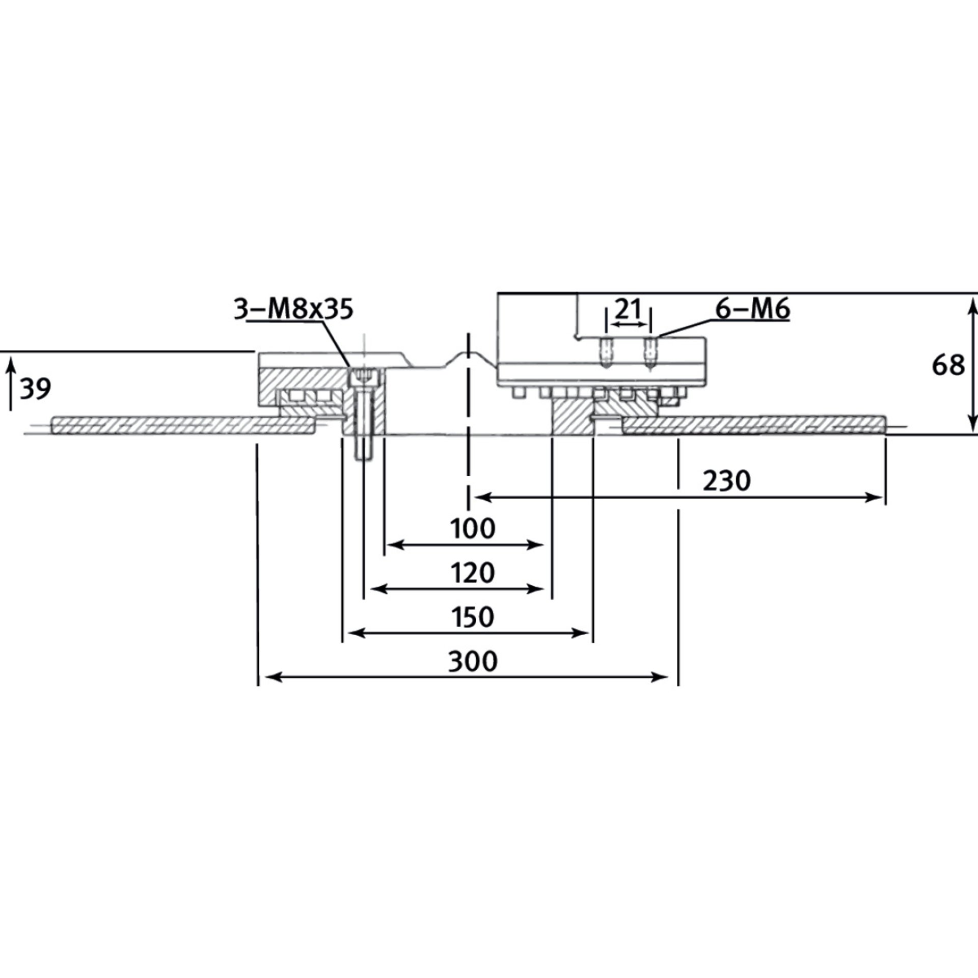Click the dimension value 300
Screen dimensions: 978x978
[x=472, y=662]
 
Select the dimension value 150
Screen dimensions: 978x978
[x=472, y=617]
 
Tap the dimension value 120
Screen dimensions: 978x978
[x=472, y=573]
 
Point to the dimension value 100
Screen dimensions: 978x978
[x=472, y=529]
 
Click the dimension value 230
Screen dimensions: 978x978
[x=726, y=480]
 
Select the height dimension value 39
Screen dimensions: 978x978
[x=36, y=389]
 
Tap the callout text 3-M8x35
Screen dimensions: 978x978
[x=293, y=309]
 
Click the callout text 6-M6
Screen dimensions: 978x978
[x=753, y=309]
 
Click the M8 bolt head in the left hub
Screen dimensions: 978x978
[x=363, y=377]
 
